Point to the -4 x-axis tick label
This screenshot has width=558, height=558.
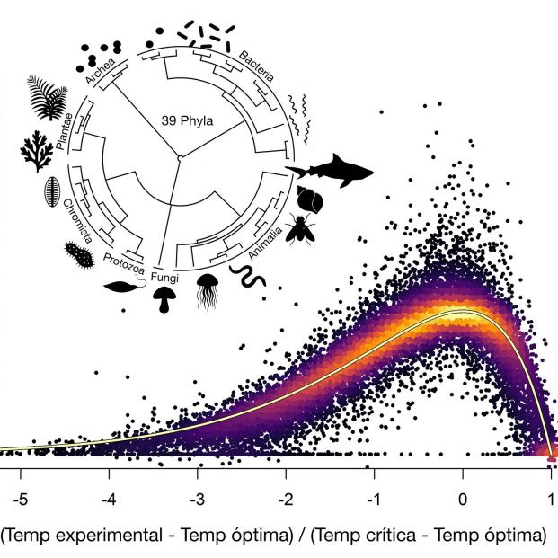click(x=107, y=499)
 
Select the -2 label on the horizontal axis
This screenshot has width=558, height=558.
click(x=285, y=499)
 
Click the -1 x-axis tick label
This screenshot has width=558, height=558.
click(x=374, y=499)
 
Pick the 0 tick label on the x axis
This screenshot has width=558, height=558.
click(x=463, y=499)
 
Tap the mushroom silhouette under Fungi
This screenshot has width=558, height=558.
click(x=164, y=301)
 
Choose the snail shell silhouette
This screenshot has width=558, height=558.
click(x=307, y=199)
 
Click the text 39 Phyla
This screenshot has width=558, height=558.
click(x=187, y=118)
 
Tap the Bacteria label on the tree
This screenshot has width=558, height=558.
click(x=259, y=69)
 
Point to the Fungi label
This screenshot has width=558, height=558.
click(x=165, y=278)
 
